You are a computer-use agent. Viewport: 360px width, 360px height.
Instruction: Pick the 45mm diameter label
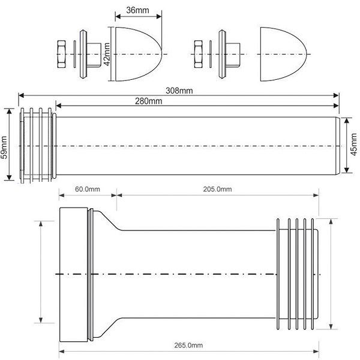(x=353, y=144)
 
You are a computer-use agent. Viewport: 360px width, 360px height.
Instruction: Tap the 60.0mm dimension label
(x=87, y=190)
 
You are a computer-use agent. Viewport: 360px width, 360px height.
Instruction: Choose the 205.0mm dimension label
(x=217, y=190)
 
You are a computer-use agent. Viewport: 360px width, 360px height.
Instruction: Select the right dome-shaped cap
(x=281, y=54)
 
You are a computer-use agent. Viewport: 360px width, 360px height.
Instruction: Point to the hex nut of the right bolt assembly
(x=200, y=54)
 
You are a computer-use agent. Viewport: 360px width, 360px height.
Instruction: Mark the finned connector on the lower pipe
(x=297, y=273)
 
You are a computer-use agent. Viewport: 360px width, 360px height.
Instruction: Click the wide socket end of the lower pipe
(x=73, y=273)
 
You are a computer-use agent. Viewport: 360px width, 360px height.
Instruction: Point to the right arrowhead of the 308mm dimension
(x=337, y=95)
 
